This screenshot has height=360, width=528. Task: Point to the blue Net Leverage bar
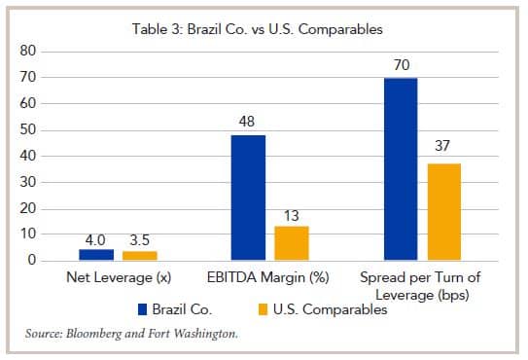tap(96, 255)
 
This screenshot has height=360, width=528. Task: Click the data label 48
tap(248, 123)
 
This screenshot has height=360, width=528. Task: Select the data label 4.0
tap(96, 237)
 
